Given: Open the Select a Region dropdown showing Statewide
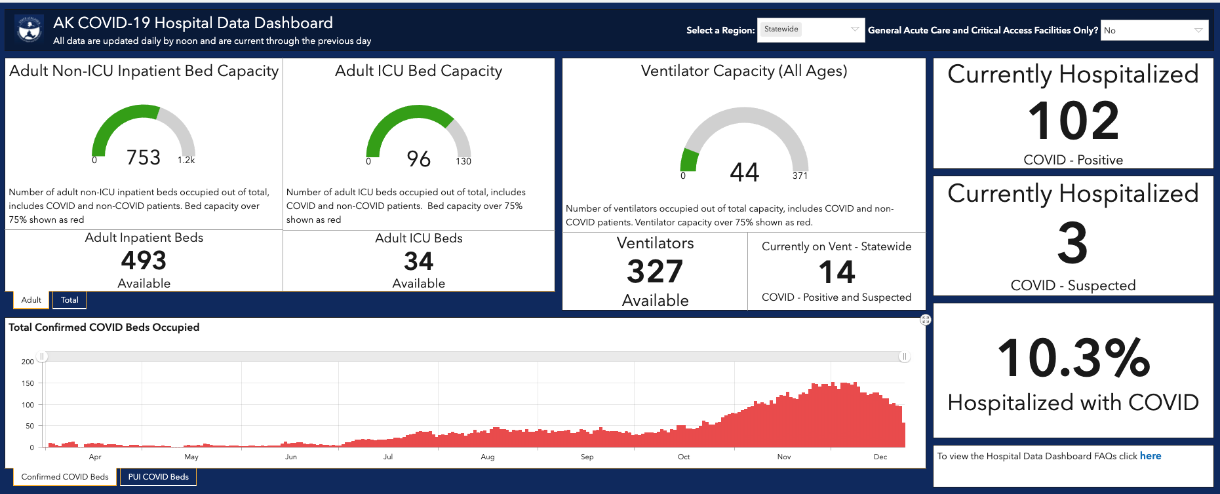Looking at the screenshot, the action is (x=811, y=29).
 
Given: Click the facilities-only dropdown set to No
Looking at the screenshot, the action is (x=1154, y=30).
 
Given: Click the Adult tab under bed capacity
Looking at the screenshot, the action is (x=31, y=300).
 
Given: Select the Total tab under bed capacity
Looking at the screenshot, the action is (x=69, y=300).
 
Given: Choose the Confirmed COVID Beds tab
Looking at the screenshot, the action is (x=65, y=477).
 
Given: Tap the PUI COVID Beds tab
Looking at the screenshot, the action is (x=159, y=477).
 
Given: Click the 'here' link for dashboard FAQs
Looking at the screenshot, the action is (x=1151, y=456).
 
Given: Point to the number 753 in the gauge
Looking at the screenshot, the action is (x=144, y=157).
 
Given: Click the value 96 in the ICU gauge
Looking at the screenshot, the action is (x=419, y=159).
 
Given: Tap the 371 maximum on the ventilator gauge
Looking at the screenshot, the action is (x=800, y=176).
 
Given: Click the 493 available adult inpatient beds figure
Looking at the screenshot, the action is (x=144, y=261).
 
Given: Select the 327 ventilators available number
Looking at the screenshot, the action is (x=655, y=271).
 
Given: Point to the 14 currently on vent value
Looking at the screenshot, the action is (x=836, y=272).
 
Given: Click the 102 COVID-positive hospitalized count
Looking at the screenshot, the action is (x=1073, y=121).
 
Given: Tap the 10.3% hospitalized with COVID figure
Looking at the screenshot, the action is (x=1073, y=358).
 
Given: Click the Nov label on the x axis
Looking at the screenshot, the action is (x=784, y=457).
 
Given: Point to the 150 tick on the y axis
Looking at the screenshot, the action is (x=28, y=383).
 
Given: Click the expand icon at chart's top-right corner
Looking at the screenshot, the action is (x=926, y=320).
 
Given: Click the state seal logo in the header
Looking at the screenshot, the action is (x=30, y=29).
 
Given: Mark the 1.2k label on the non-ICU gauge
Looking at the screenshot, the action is (x=186, y=160).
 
